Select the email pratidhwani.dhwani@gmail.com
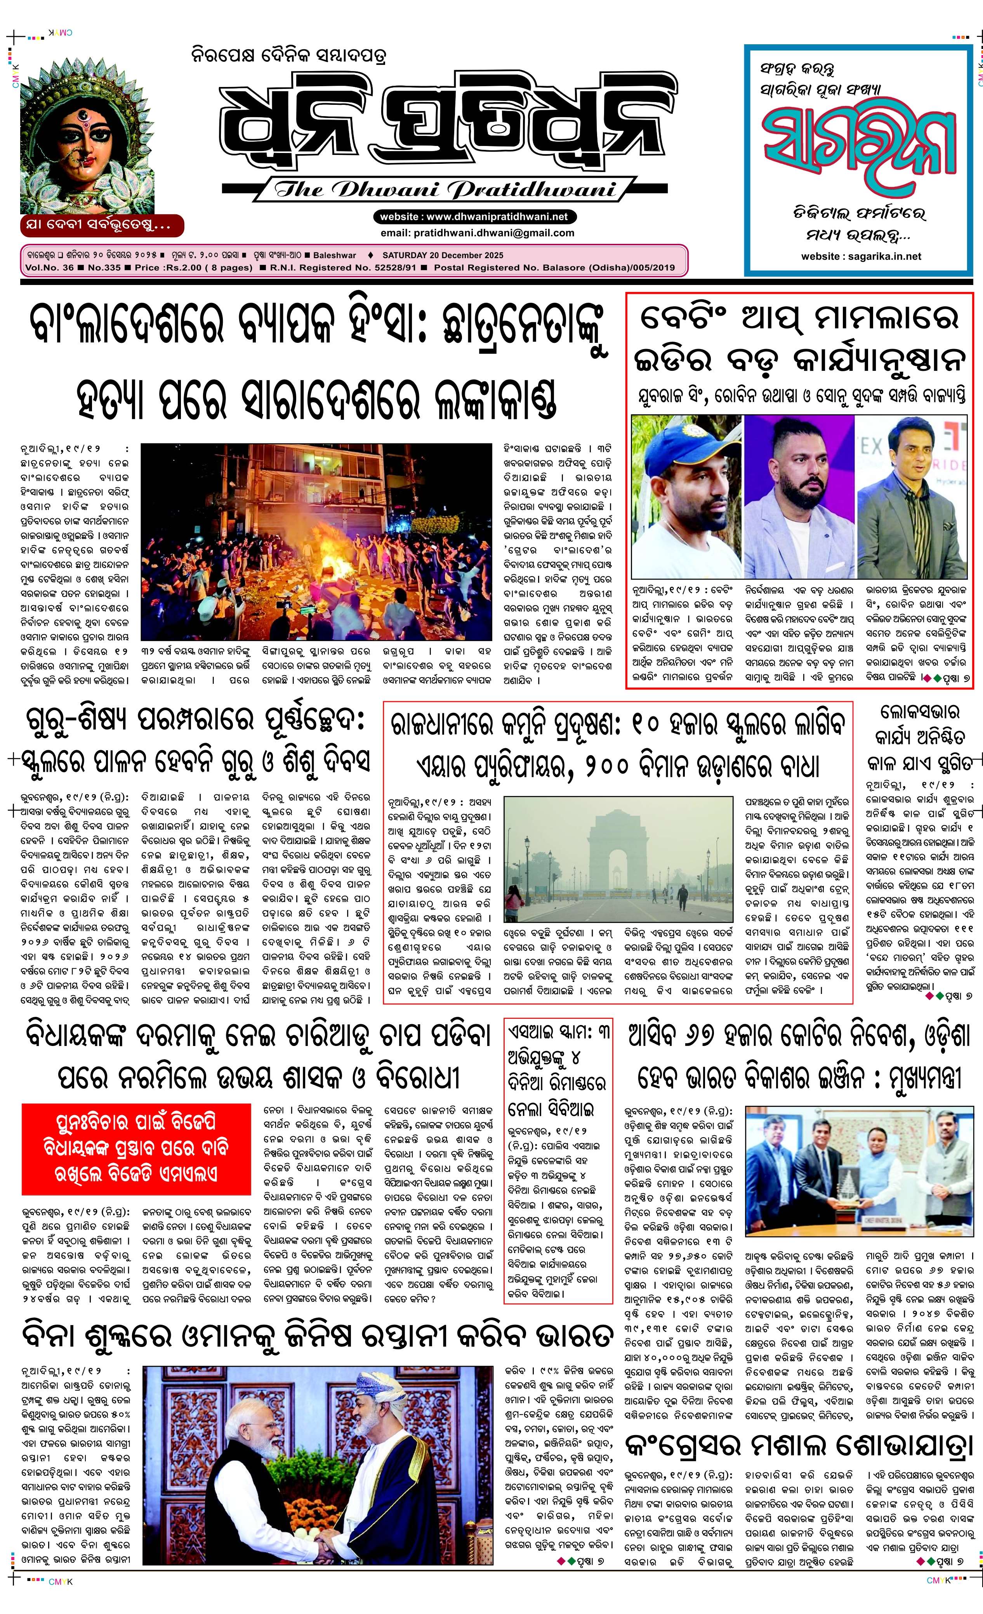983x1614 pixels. coord(477,233)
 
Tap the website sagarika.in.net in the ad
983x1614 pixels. coord(861,256)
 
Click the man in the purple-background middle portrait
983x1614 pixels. coord(799,498)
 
